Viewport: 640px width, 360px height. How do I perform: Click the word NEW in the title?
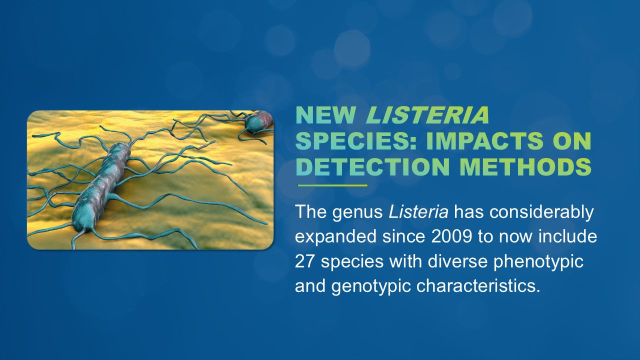(325, 116)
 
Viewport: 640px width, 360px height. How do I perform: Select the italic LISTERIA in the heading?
(428, 116)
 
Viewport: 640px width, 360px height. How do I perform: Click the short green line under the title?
(332, 185)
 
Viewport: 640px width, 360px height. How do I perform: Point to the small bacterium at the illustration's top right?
(258, 121)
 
